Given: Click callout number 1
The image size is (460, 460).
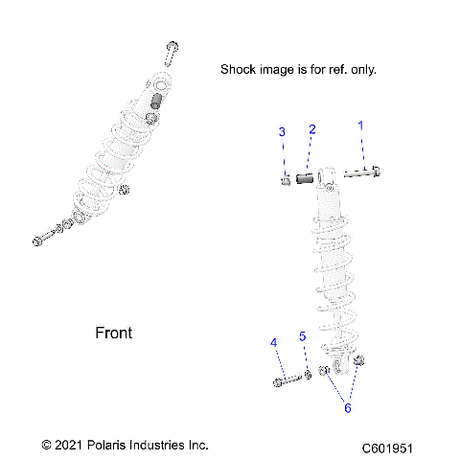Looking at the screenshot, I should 361,126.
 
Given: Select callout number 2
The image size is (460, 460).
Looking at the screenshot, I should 311,128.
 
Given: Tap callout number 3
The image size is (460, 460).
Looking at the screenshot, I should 282,131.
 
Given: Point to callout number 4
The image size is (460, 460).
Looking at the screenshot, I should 273,342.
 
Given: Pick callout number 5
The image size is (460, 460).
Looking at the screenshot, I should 302,336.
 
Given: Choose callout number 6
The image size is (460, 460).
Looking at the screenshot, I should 348,407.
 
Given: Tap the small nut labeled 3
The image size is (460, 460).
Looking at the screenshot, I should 287,179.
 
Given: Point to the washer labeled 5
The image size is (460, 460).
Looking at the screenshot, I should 307,376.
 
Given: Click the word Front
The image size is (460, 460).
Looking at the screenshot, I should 114,333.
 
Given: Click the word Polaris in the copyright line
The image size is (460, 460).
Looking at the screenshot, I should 117,446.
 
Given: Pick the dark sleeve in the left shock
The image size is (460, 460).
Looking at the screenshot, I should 152,103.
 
